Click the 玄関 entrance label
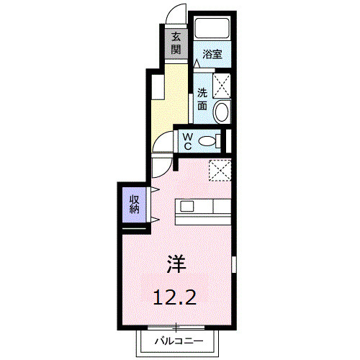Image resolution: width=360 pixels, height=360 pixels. (x=176, y=44)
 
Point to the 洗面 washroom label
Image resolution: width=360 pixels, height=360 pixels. (x=202, y=99)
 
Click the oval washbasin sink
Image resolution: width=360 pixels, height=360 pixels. (x=221, y=111)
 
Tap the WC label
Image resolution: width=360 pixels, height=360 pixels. (x=186, y=140)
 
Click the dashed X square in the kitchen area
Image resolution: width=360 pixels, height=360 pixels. (x=218, y=170)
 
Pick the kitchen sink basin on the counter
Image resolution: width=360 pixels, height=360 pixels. (x=187, y=207)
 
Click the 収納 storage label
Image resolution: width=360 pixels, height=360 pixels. (x=135, y=204)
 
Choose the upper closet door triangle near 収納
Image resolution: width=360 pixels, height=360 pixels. (x=154, y=190)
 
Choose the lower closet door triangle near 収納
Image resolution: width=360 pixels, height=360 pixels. (x=154, y=219)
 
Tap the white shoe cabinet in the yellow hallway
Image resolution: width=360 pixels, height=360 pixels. (x=157, y=87)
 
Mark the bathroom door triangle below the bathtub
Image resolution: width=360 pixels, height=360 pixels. (x=197, y=63)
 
